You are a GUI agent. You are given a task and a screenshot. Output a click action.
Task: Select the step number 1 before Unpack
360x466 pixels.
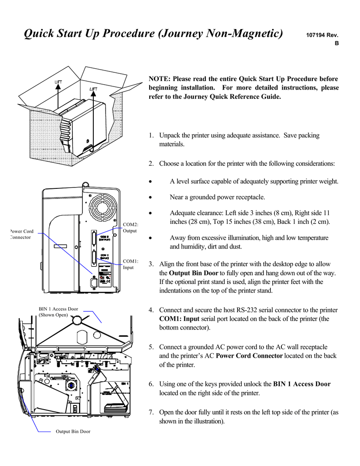(151, 135)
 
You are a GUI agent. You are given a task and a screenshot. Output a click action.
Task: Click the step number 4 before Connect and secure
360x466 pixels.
(151, 310)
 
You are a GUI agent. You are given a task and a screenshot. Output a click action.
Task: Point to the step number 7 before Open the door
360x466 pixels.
(151, 412)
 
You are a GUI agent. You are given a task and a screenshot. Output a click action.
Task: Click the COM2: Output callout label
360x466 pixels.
(130, 227)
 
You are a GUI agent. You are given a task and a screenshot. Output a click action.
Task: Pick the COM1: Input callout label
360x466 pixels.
(130, 264)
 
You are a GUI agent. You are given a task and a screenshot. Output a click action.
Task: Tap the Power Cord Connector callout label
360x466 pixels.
(21, 234)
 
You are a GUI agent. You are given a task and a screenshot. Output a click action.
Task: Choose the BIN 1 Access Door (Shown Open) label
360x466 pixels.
(58, 312)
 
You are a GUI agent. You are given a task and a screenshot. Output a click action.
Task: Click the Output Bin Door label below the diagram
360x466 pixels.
(73, 431)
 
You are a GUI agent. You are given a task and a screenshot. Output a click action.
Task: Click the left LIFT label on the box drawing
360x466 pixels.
(59, 82)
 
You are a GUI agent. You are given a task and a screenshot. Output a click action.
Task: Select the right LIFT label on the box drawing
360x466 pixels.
(93, 89)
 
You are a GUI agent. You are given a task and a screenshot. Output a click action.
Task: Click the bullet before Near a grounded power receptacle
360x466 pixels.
(151, 198)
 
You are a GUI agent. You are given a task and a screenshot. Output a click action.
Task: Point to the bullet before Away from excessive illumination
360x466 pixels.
(151, 238)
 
